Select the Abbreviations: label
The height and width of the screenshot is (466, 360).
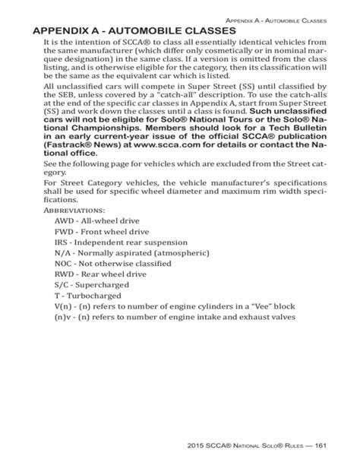[x=73, y=208]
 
